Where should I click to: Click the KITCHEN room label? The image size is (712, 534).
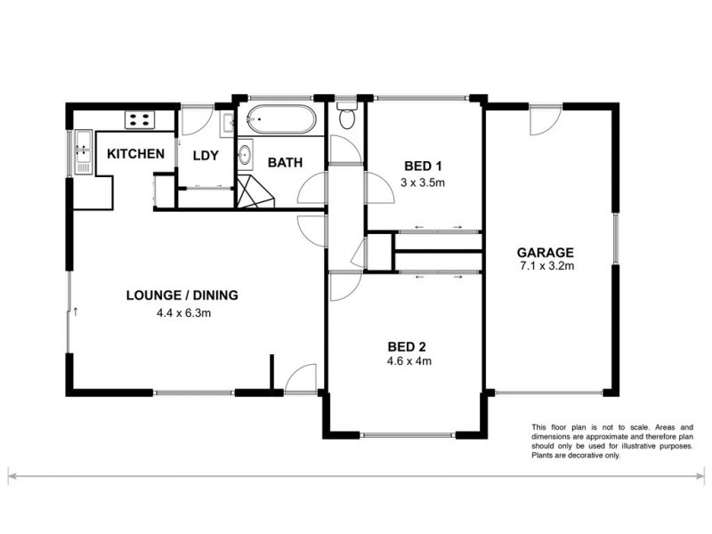(135, 154)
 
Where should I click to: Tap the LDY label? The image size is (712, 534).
(206, 155)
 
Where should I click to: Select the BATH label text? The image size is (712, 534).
(285, 163)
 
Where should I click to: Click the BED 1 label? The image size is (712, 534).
(423, 166)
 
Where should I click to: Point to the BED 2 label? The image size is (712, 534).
(409, 345)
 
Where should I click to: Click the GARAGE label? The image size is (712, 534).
(547, 252)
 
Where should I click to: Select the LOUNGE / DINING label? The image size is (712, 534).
(182, 295)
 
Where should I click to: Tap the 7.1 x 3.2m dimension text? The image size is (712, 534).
(547, 266)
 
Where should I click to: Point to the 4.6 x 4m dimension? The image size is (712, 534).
(409, 361)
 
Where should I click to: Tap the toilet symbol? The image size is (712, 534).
(348, 116)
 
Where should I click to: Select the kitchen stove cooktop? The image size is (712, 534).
(140, 117)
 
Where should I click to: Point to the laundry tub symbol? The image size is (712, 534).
(226, 122)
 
